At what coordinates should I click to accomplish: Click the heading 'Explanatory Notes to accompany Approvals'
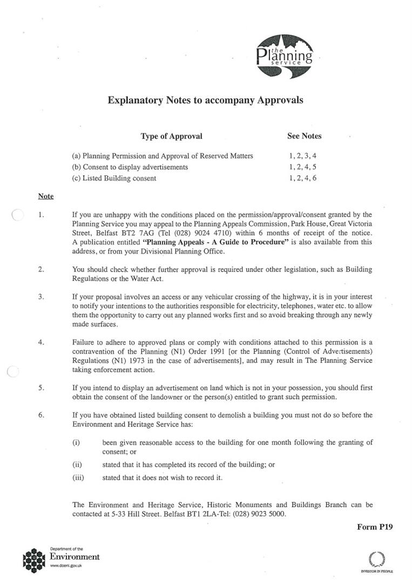click(205, 100)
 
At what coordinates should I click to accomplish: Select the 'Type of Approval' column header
click(171, 136)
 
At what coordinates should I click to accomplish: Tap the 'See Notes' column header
click(304, 136)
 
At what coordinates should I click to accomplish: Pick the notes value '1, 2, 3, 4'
click(302, 156)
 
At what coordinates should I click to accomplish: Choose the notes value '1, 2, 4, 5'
click(302, 167)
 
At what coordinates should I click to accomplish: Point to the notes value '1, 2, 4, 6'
click(302, 178)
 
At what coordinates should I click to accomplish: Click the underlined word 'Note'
click(46, 196)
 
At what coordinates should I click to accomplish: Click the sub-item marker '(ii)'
click(77, 464)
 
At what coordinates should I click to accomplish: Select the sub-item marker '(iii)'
click(78, 477)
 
